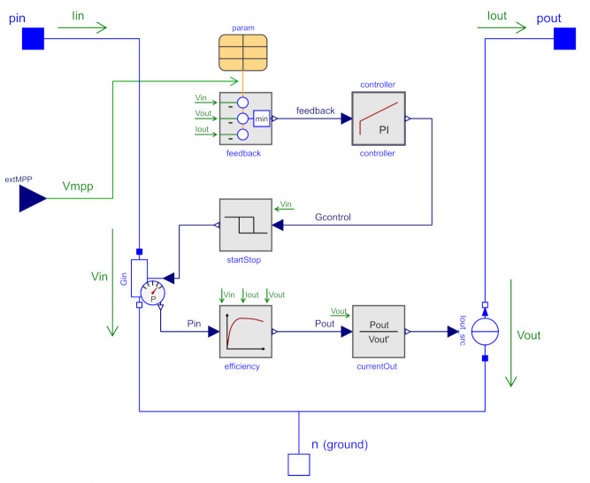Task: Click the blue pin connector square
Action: pyautogui.click(x=33, y=39)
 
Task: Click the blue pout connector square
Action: pyautogui.click(x=565, y=39)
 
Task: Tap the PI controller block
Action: pyautogui.click(x=379, y=119)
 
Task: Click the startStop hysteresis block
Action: pyautogui.click(x=245, y=225)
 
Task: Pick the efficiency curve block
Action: pyautogui.click(x=245, y=331)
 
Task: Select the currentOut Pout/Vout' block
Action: pyautogui.click(x=379, y=331)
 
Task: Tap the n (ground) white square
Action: pyautogui.click(x=299, y=463)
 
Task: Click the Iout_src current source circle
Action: pyautogui.click(x=485, y=332)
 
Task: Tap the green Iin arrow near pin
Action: pyautogui.click(x=88, y=27)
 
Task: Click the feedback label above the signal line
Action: pyautogui.click(x=315, y=111)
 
